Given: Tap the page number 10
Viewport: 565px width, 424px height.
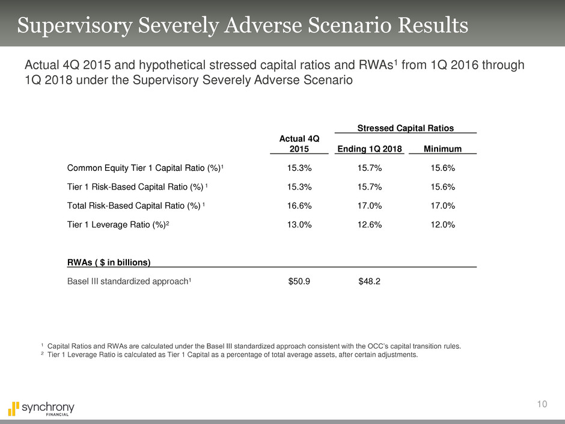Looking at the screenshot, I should (x=542, y=405).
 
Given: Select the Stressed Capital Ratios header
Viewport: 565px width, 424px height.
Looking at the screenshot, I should (x=405, y=128).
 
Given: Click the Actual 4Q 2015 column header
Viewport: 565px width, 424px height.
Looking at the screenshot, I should (x=299, y=144).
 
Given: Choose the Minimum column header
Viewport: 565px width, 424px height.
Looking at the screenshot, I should (x=442, y=149).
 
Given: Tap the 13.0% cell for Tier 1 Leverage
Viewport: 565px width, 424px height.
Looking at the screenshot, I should (x=299, y=226).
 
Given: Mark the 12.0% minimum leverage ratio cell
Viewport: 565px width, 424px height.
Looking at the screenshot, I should (x=442, y=226).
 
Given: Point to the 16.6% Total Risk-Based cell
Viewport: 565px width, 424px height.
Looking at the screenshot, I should (x=299, y=206).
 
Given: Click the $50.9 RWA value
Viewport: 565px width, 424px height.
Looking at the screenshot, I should (x=299, y=281).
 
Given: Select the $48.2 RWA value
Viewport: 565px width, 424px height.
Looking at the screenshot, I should (x=368, y=281).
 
